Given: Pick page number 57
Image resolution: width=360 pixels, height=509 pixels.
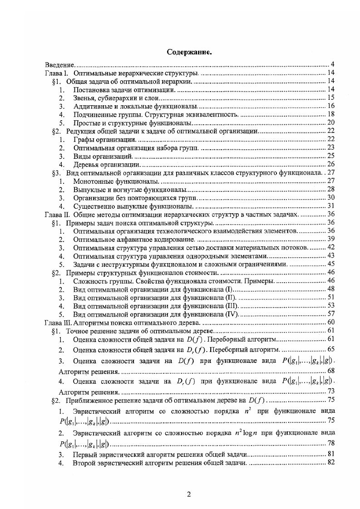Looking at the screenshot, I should coord(331,314).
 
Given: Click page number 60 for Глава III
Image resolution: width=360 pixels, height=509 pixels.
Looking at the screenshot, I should coord(331,323).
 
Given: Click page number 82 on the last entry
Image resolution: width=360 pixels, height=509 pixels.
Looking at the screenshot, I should coord(331,463).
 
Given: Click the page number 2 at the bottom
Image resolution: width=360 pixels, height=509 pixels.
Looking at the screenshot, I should coord(189,494).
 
